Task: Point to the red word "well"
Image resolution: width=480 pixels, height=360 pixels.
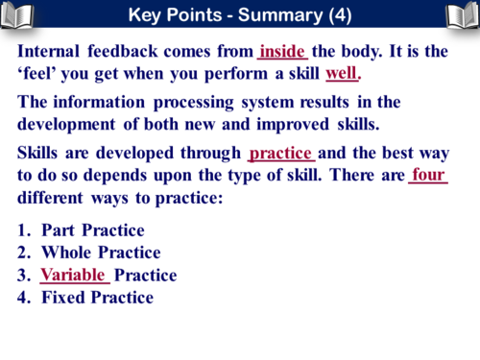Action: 342,74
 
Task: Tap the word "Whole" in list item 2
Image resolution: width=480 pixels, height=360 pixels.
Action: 68,252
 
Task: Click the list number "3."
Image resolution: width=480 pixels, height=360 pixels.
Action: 25,275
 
